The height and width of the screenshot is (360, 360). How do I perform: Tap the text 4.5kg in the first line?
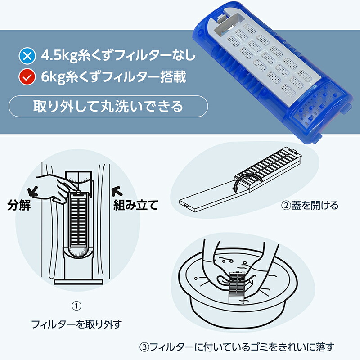coord(56,56)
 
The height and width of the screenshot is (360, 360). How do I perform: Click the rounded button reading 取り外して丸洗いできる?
coord(108,107)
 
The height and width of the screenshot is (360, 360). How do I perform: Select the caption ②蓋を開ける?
coord(310,206)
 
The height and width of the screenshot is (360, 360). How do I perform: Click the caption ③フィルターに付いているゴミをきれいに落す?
coord(237,347)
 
